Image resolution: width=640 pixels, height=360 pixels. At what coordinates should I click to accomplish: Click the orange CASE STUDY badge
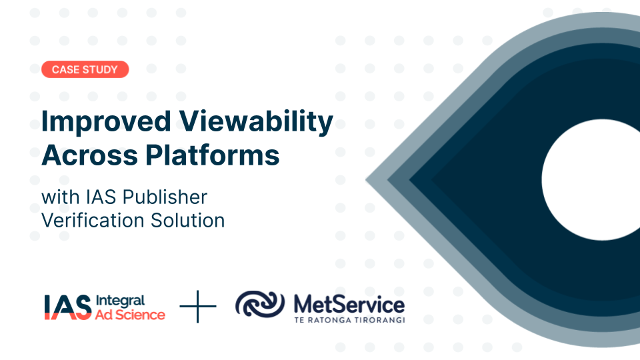click(x=85, y=69)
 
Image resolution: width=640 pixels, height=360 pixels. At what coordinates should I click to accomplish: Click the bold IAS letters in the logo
click(x=67, y=307)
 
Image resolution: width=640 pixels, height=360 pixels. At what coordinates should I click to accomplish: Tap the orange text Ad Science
click(x=131, y=314)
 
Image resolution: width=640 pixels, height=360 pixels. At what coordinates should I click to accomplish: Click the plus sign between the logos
click(x=198, y=307)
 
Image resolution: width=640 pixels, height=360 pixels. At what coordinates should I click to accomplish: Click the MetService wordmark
click(x=349, y=304)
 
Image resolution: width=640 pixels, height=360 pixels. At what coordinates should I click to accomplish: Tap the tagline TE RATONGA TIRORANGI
click(x=349, y=320)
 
